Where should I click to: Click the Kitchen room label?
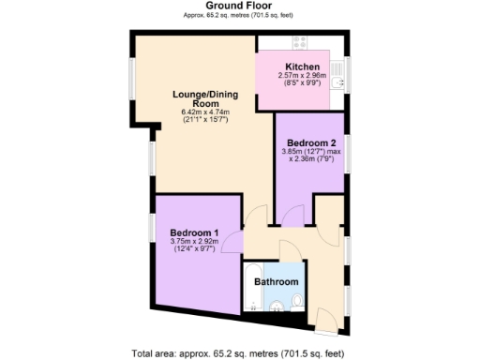[303, 67]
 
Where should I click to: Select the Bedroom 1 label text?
[194, 232]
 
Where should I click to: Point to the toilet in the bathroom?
[296, 302]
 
